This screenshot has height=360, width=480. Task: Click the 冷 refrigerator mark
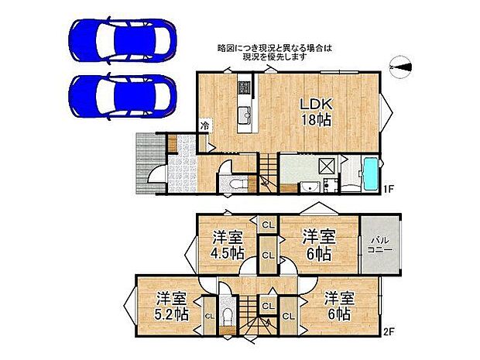coord(205,125)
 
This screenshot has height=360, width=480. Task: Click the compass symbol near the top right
coord(400,69)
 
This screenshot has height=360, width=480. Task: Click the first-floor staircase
coord(268,173)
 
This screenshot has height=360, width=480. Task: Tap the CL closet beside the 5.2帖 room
coord(209,316)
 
